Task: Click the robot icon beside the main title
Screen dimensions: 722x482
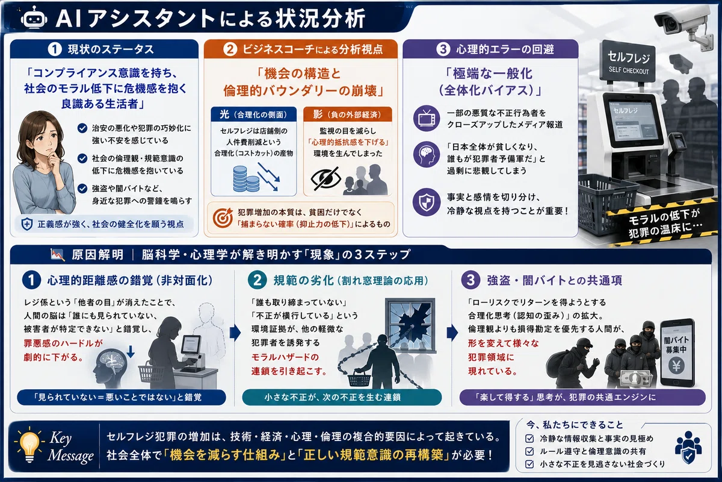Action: (34, 19)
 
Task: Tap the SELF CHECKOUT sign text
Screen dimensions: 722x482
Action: (629, 71)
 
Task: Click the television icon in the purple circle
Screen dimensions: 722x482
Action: (427, 118)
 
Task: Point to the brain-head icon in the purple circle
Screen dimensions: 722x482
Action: (427, 154)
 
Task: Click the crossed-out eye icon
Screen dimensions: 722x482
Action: (326, 179)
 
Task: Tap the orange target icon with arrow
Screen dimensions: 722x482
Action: (223, 218)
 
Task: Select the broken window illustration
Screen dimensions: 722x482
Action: (410, 325)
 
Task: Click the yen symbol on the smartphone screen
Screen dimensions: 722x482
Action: (676, 366)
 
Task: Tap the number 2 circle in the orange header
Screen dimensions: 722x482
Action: (230, 49)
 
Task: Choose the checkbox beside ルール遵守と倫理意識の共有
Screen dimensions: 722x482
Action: (529, 451)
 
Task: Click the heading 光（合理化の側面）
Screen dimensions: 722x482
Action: (253, 114)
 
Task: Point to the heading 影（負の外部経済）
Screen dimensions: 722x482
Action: (348, 114)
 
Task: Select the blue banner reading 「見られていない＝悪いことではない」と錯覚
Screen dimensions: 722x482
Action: (122, 397)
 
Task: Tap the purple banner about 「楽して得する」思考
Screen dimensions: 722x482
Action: (582, 397)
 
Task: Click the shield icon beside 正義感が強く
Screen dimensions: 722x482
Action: (26, 224)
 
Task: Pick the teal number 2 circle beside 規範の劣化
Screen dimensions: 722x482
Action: (257, 280)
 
